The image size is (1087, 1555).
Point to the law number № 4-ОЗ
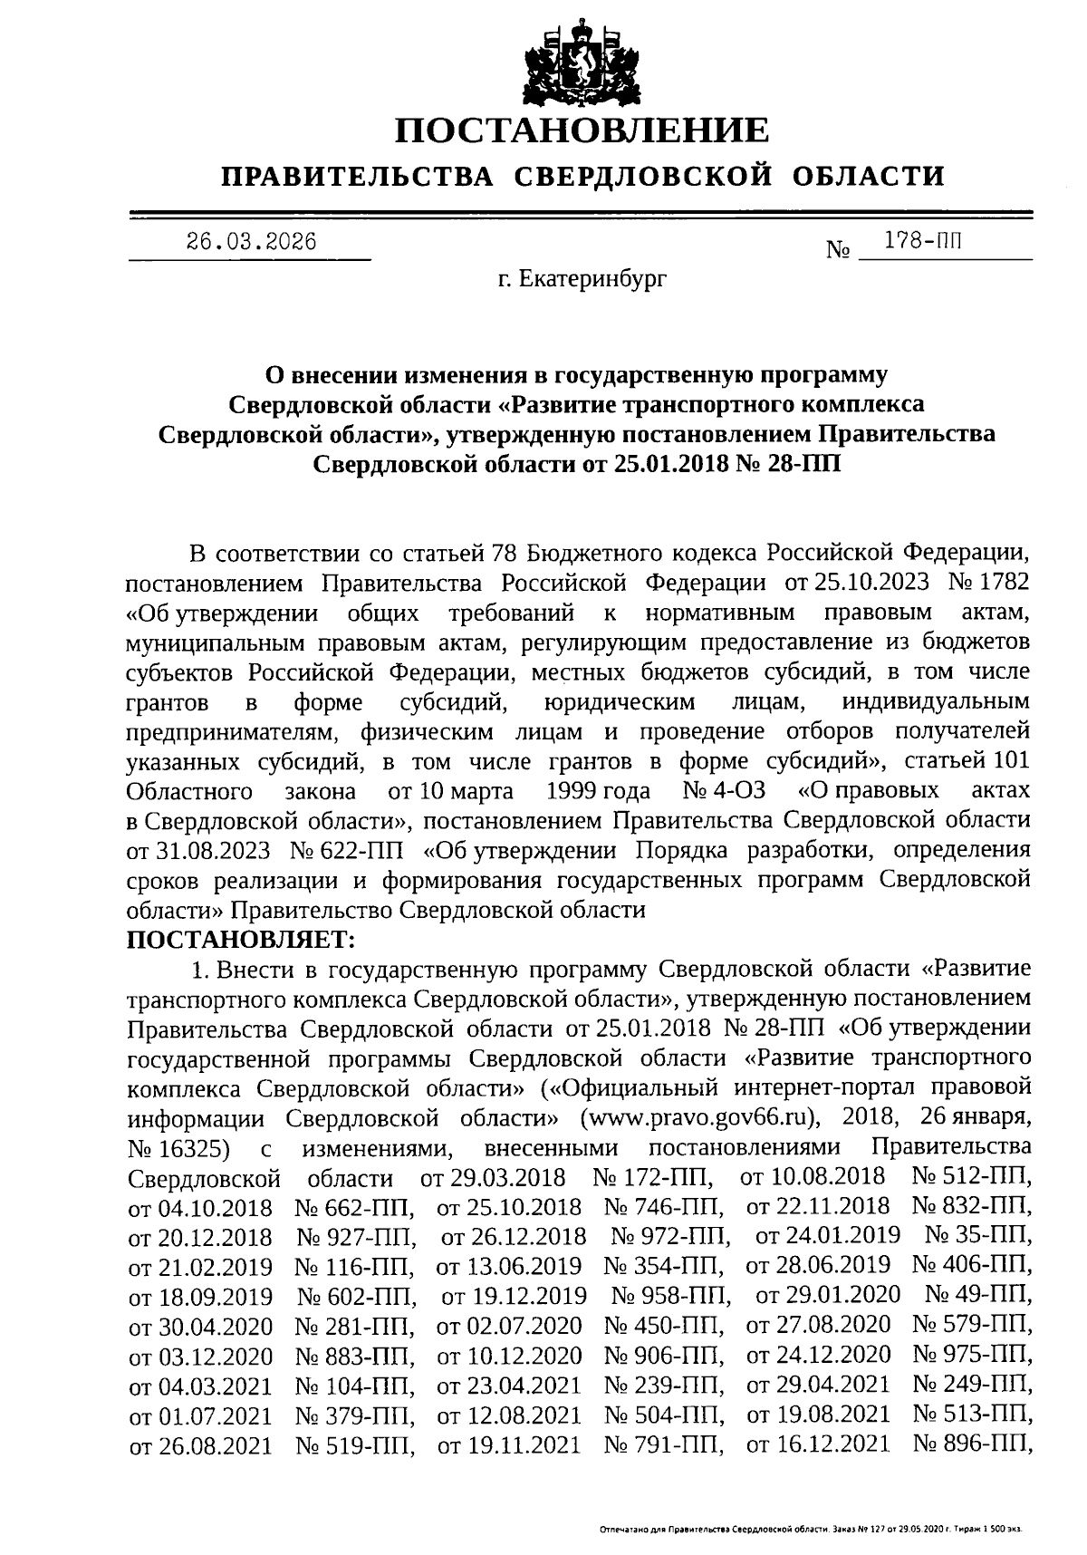(724, 791)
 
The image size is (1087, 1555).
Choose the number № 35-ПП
(978, 1236)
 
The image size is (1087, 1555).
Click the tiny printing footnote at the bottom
(811, 1530)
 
